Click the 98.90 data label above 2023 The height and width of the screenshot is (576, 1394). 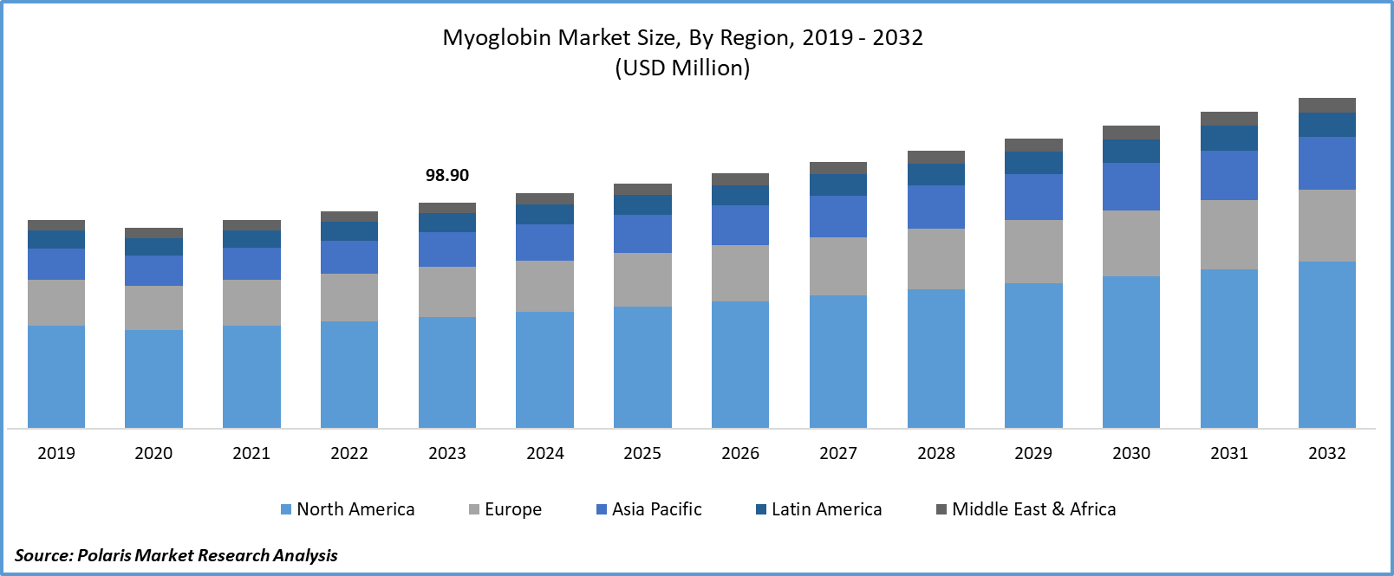(446, 175)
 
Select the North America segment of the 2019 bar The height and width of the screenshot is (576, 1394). (56, 377)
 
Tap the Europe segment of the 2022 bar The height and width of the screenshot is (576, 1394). (349, 297)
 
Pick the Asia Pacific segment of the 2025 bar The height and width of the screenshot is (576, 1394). (642, 234)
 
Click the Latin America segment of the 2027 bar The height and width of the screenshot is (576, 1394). (838, 184)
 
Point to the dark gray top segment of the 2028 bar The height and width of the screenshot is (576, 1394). (936, 157)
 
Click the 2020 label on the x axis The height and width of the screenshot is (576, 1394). (153, 453)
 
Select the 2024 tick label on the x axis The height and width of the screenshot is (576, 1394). (545, 453)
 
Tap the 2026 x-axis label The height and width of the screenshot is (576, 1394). (740, 453)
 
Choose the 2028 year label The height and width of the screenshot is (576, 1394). (936, 453)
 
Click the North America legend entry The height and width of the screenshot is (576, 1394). (348, 509)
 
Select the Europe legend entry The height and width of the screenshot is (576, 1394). (505, 509)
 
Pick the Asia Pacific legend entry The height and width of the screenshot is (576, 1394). (649, 509)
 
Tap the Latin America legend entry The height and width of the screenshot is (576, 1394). (819, 509)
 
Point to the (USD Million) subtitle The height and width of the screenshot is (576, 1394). (682, 68)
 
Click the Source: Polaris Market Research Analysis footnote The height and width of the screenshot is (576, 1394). (176, 554)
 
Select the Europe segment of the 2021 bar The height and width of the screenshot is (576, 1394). (251, 302)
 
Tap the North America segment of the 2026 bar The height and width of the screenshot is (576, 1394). (740, 364)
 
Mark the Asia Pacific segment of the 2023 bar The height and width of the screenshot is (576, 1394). (447, 249)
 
